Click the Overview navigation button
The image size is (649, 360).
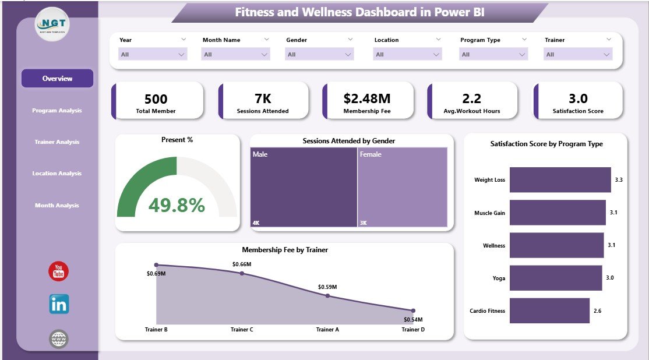[x=57, y=79]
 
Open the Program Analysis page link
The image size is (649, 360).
[x=57, y=111]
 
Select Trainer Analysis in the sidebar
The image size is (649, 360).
[x=57, y=142]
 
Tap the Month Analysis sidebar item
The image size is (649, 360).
[x=57, y=206]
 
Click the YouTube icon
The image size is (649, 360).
[x=58, y=271]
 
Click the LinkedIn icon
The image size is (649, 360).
[x=59, y=304]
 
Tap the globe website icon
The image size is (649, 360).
[x=59, y=339]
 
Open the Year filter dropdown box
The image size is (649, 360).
[x=153, y=54]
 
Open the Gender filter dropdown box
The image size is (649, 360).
[x=319, y=54]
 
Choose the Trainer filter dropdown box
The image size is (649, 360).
[x=578, y=54]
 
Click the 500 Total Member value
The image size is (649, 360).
[x=156, y=98]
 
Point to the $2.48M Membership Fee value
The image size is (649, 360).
[x=367, y=98]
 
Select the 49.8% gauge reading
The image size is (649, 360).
[x=177, y=205]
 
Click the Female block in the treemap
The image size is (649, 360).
[x=403, y=187]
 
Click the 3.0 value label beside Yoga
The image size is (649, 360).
[x=609, y=278]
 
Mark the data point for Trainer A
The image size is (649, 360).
[x=327, y=296]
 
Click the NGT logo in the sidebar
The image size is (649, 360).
[x=52, y=24]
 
